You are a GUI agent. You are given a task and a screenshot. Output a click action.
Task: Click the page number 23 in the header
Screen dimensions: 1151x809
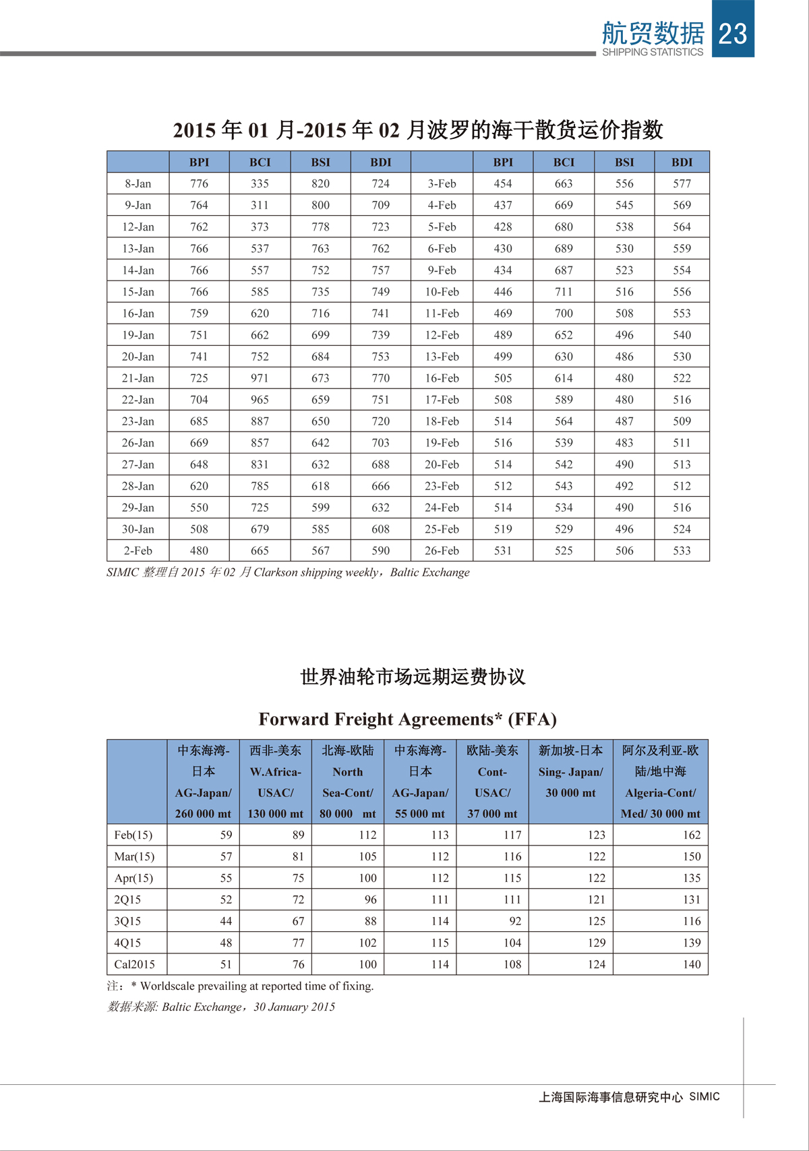click(x=733, y=33)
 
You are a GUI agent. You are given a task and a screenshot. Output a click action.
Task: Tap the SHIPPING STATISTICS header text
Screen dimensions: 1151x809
click(x=652, y=52)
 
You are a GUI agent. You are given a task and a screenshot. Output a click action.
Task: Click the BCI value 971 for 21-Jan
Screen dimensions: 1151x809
click(x=260, y=378)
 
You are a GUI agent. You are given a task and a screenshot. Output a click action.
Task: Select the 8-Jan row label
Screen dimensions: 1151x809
click(x=138, y=183)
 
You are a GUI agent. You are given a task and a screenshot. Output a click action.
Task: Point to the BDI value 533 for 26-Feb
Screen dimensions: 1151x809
click(x=682, y=551)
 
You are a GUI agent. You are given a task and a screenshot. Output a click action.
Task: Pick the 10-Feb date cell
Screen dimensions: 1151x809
click(x=442, y=292)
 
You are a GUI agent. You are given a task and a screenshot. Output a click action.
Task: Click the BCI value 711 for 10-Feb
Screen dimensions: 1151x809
click(x=564, y=292)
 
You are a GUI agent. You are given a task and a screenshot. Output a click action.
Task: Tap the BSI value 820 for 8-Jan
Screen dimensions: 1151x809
click(x=320, y=183)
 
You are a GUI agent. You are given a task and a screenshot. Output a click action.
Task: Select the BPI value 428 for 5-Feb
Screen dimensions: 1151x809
click(x=503, y=227)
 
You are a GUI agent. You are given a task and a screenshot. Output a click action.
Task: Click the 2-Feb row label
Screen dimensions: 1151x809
click(x=138, y=551)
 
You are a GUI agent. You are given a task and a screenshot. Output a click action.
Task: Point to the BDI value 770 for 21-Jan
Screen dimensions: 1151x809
click(x=380, y=378)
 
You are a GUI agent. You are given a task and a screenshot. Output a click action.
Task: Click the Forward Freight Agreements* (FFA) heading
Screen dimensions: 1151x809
click(x=407, y=719)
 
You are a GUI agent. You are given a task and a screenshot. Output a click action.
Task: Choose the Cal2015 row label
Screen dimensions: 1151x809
click(x=134, y=964)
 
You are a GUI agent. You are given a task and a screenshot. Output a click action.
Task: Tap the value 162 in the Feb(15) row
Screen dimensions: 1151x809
click(x=692, y=835)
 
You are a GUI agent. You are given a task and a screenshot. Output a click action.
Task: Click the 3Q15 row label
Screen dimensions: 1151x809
click(x=127, y=921)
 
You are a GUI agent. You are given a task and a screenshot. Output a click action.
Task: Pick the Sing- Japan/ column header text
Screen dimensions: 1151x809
click(x=570, y=772)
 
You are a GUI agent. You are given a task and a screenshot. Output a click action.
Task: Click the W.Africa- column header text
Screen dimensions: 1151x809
click(x=275, y=772)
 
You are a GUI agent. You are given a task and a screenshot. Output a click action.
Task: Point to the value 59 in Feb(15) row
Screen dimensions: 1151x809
click(x=226, y=835)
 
